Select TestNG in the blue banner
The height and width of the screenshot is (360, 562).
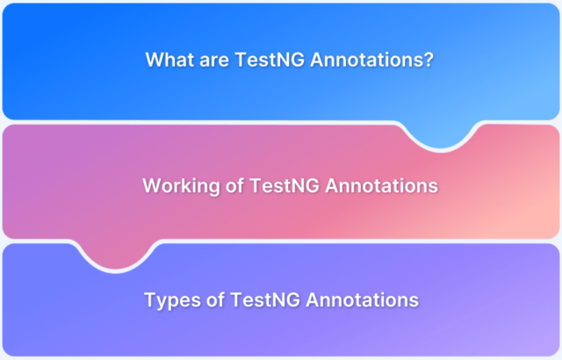270,60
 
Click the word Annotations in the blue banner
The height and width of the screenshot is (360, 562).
367,60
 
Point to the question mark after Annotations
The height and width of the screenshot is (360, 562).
429,60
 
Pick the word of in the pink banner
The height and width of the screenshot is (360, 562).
234,185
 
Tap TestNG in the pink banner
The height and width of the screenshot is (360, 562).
285,185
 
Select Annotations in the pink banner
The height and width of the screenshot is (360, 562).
381,185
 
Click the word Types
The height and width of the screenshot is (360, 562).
172,300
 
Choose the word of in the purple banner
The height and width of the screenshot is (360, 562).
215,299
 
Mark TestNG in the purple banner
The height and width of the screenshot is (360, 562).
265,299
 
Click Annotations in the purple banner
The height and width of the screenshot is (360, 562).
363,299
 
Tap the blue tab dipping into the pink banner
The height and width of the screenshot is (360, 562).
440,135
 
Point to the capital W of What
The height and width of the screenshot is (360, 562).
155,60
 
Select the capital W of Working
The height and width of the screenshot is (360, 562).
152,185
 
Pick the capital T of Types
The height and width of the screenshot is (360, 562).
151,299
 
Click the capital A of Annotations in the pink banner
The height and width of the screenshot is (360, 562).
332,185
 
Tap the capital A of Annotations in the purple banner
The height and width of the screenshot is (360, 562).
313,299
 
